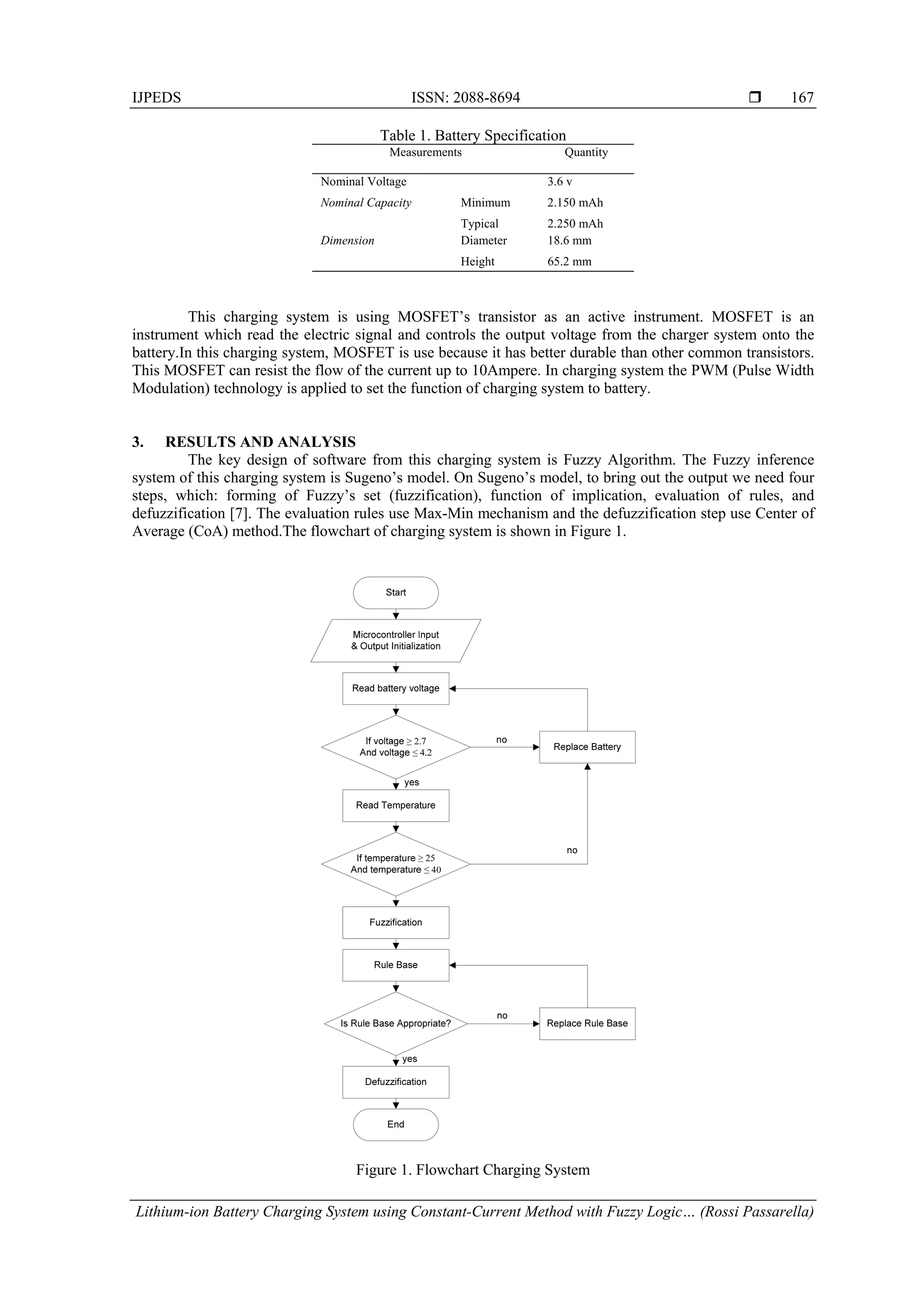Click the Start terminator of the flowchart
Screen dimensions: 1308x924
[x=396, y=592]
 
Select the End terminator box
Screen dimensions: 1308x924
[x=396, y=1124]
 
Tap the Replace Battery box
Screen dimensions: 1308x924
[x=587, y=747]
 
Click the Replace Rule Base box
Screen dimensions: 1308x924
[x=587, y=1023]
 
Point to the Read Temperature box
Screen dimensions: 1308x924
[x=396, y=805]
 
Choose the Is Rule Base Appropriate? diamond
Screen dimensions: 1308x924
[x=396, y=1023]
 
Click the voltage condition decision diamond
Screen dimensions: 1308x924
[x=396, y=747]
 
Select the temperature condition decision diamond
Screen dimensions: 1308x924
[x=396, y=864]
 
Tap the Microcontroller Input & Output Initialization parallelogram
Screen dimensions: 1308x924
[x=396, y=640]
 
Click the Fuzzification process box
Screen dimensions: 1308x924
[x=396, y=922]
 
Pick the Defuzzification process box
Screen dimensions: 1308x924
[x=396, y=1082]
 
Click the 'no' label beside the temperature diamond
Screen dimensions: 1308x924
[x=572, y=850]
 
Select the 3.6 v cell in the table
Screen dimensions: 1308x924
[x=559, y=182]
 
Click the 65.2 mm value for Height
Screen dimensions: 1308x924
[x=569, y=261]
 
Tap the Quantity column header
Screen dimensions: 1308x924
[x=586, y=152]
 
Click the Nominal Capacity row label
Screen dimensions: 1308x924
[x=365, y=203]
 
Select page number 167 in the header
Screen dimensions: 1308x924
[x=802, y=98]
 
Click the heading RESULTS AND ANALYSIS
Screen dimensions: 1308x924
[x=260, y=442]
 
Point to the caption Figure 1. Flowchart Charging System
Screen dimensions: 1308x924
[x=472, y=1169]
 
